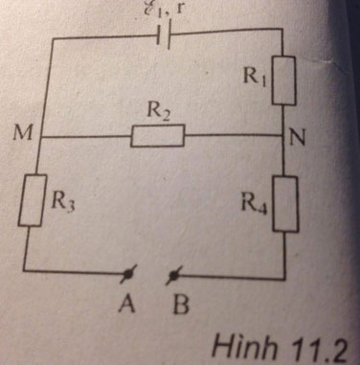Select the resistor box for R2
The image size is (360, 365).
pos(156,136)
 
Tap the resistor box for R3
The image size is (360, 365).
pos(33,200)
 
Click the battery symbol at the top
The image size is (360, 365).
pos(164,39)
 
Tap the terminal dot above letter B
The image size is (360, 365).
pos(172,278)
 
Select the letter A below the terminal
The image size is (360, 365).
pos(125,307)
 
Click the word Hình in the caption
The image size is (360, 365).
pos(244,344)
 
